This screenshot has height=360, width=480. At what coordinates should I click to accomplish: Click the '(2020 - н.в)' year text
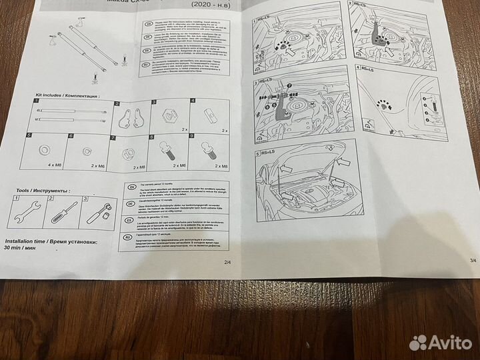click(x=209, y=4)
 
